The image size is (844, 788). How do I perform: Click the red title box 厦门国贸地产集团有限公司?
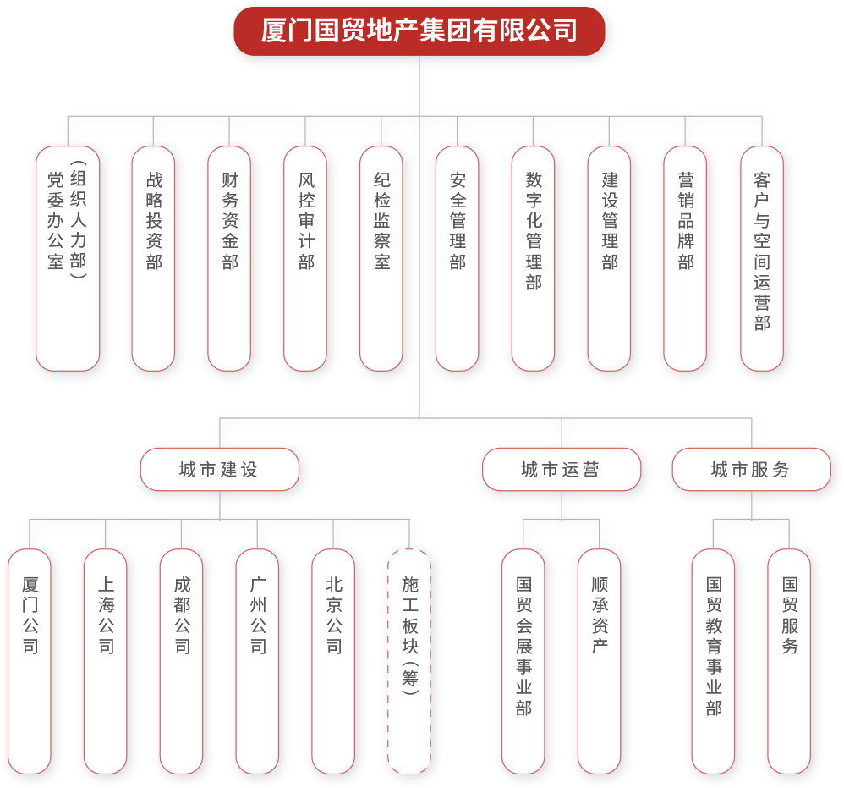(419, 31)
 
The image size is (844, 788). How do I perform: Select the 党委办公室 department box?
(68, 258)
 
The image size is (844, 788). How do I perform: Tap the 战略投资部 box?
(153, 258)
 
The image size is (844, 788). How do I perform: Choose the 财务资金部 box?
(229, 258)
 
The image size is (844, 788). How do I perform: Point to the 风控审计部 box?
(305, 258)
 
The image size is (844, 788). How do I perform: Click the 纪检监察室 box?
(381, 258)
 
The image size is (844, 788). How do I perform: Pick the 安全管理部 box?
(458, 258)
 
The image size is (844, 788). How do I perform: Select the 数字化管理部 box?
(534, 258)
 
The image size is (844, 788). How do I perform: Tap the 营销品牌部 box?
(685, 258)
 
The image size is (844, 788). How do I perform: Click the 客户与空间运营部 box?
(762, 258)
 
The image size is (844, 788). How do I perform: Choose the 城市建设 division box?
(220, 470)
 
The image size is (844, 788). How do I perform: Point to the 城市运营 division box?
(562, 470)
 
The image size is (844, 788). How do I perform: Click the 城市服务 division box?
(752, 470)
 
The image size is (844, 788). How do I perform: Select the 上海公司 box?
(106, 661)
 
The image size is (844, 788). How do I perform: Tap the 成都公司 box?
(182, 661)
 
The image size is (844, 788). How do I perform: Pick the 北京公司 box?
(333, 661)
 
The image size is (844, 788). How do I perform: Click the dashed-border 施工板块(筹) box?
(409, 661)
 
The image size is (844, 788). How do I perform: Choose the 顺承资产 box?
(600, 661)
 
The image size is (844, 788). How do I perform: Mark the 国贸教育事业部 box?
(713, 661)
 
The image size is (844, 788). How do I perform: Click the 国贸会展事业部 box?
(523, 661)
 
